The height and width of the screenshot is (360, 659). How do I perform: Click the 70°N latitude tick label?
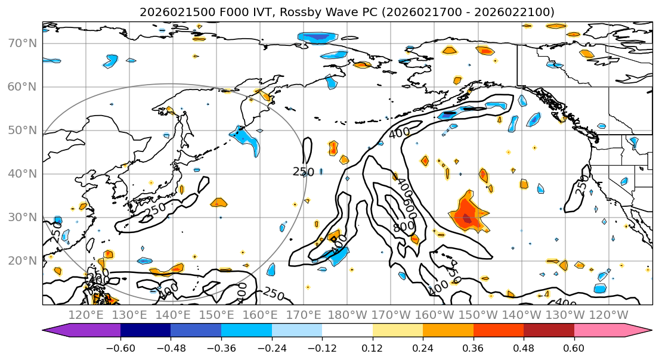[x=22, y=43]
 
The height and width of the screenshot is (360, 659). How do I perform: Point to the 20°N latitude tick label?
[x=22, y=260]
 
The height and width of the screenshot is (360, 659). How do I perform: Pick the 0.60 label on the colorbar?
[x=574, y=347]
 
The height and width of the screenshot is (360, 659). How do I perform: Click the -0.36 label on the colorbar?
[x=221, y=347]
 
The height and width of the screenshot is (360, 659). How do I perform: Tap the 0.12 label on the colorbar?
[x=372, y=347]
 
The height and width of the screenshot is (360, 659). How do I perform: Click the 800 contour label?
[x=404, y=227]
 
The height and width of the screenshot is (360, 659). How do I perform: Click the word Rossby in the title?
[x=288, y=12]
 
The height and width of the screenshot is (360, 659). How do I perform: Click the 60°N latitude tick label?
[x=22, y=86]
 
